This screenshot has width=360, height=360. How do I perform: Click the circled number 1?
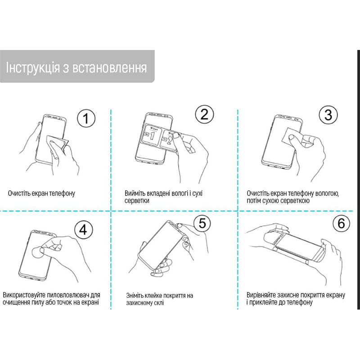pos(86,118)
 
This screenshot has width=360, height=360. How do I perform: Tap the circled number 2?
pos(204,114)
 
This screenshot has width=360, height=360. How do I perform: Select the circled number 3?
pos(328,115)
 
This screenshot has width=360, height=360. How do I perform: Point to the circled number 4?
pos(83,229)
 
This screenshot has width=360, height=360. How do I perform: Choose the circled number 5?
pos(202,223)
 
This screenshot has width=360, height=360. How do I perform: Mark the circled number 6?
pos(341,223)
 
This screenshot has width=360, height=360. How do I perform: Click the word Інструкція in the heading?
pos(33,68)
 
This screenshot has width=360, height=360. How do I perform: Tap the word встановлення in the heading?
pos(109,68)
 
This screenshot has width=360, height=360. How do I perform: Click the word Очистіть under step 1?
pos(19,193)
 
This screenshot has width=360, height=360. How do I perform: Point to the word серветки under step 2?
pos(137,201)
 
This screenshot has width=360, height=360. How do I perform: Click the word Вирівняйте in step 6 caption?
pos(261,295)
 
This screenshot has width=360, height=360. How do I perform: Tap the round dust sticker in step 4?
pos(37,252)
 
